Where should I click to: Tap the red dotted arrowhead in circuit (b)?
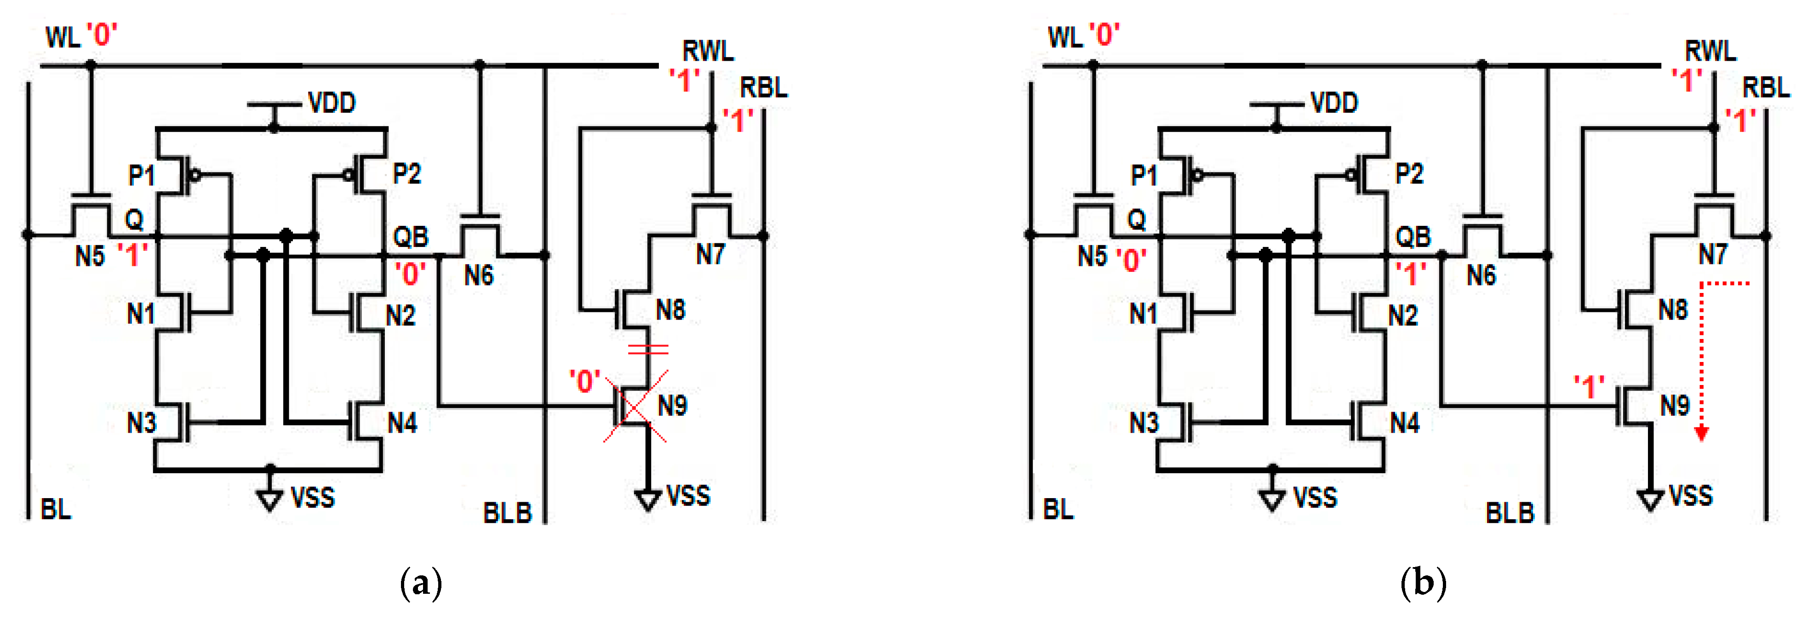click(x=1701, y=433)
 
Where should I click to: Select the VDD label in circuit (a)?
click(x=332, y=103)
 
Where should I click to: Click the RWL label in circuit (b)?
click(x=1710, y=51)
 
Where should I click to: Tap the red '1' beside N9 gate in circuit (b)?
click(x=1589, y=386)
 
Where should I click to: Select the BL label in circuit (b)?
click(x=1058, y=510)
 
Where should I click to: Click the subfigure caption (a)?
click(x=421, y=582)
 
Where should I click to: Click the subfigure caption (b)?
click(x=1423, y=582)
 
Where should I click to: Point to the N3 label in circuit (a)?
click(x=142, y=423)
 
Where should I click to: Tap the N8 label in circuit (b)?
click(x=1673, y=310)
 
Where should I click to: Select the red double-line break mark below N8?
click(x=648, y=349)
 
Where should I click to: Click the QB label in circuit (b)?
click(x=1413, y=237)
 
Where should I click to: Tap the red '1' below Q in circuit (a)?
click(x=132, y=256)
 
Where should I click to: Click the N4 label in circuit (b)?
click(x=1405, y=423)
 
